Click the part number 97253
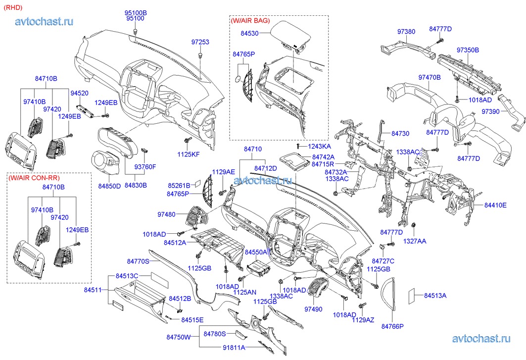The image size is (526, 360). coord(200,43)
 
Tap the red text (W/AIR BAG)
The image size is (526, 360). coord(250,21)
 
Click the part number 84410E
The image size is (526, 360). coord(495,205)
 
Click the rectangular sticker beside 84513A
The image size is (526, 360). coord(412,296)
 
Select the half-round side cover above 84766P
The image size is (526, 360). coord(391,297)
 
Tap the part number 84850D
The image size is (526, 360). coord(109,186)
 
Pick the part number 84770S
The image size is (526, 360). coord(138,261)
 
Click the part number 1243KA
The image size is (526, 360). coord(319,147)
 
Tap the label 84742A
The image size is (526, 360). coord(323,156)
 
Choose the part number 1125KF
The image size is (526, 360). coord(189,155)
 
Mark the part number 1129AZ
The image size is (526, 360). coord(364,320)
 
